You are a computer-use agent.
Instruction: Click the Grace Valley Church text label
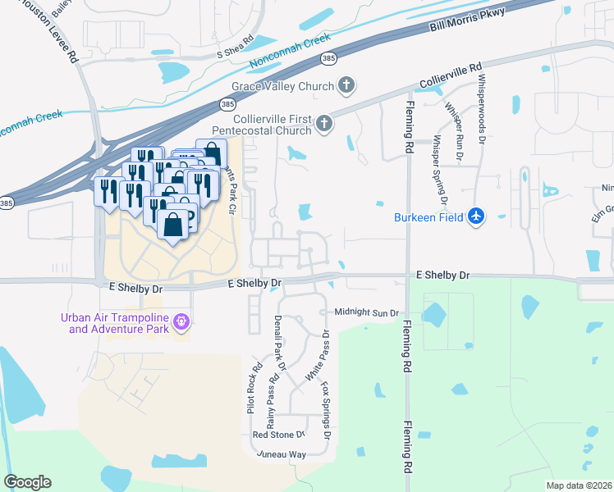[282, 86]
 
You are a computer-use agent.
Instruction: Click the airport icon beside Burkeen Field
[477, 216]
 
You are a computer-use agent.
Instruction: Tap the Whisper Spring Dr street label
[439, 171]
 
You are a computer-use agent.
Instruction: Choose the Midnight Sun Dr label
[366, 312]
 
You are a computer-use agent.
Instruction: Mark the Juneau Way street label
[281, 453]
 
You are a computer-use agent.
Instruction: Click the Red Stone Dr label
[278, 435]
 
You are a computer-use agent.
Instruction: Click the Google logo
[27, 482]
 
